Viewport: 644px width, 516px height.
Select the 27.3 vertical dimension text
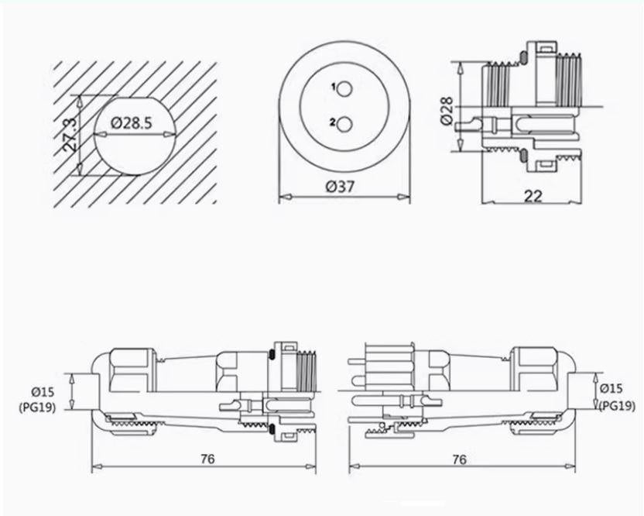[x=70, y=134]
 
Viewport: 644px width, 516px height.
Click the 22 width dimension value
[x=532, y=195]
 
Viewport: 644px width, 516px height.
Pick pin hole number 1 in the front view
[x=345, y=88]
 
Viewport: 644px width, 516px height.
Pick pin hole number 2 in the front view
[x=345, y=122]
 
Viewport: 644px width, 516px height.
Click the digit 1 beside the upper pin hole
[x=333, y=88]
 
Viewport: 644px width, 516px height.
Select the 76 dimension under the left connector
[x=207, y=459]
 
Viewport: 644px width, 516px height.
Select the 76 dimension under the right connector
[x=459, y=459]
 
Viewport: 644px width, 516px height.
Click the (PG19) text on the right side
[x=615, y=404]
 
